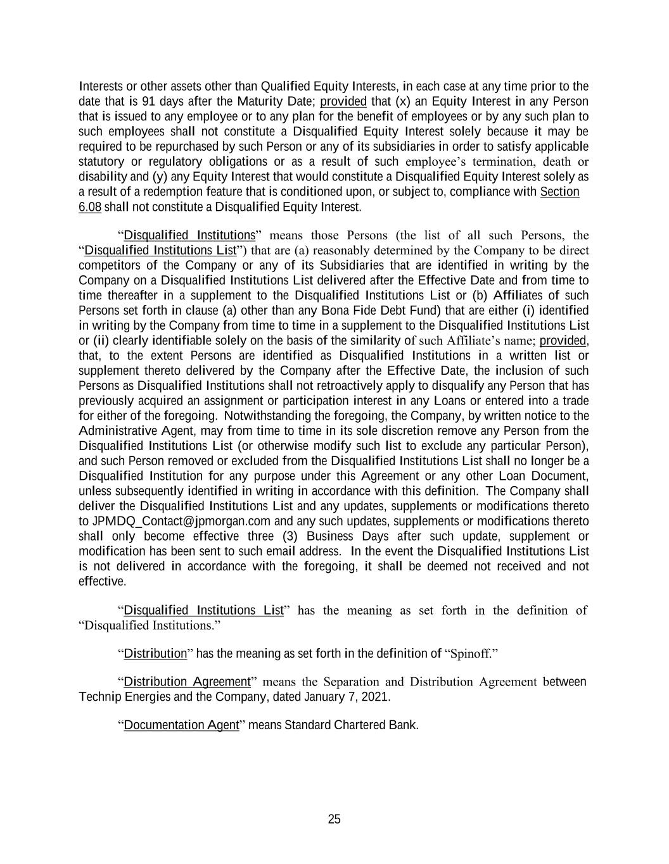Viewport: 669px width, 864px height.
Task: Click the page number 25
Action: [334, 819]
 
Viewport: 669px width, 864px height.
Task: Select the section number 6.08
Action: [90, 207]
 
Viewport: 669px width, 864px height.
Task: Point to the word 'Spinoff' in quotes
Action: [470, 653]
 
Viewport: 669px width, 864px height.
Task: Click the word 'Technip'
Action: [99, 697]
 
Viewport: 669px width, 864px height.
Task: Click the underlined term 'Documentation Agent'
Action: [181, 725]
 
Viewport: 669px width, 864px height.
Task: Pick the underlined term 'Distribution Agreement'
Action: [188, 682]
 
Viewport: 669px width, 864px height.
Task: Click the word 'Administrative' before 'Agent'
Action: [117, 431]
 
